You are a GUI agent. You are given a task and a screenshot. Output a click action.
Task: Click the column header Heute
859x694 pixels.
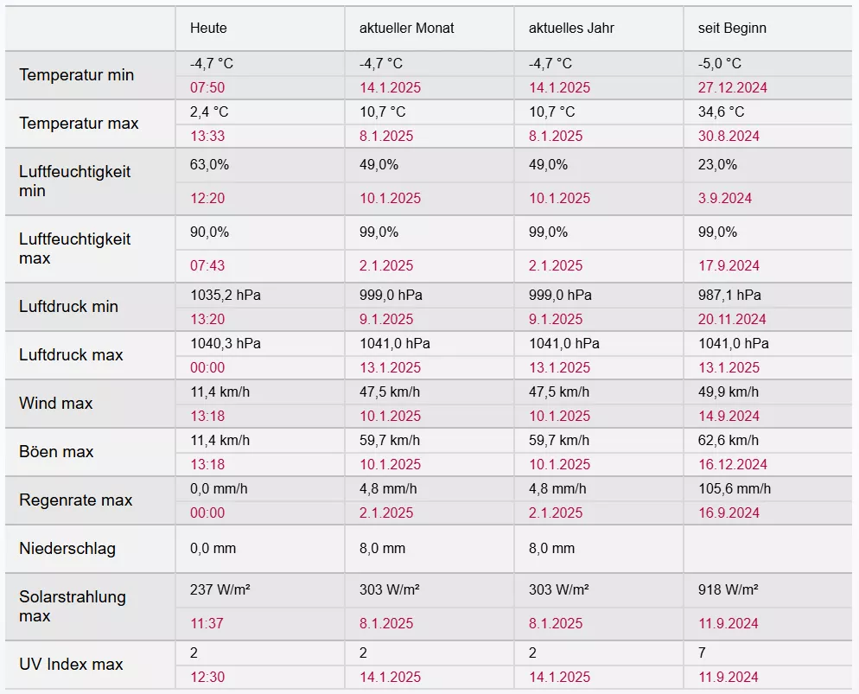pos(208,28)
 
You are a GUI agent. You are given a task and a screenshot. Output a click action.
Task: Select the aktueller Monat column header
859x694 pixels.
pos(406,28)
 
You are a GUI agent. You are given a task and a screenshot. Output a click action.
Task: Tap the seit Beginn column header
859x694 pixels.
pos(732,28)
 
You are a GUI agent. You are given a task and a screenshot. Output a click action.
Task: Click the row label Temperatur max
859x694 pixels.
pos(79,124)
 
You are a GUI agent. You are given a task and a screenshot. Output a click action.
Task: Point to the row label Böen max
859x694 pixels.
pos(56,452)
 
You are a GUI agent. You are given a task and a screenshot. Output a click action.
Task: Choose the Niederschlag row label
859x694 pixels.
pos(67,549)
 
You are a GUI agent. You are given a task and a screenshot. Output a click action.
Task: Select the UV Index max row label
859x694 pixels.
pos(71,665)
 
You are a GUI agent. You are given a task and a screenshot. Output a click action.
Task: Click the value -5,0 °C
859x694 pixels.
pos(720,64)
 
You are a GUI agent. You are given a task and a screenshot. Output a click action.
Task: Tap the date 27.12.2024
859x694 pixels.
pos(733,87)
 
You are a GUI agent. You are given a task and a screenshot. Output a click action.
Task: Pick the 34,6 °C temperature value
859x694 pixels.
pos(721,112)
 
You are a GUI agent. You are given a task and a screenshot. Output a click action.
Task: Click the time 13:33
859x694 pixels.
pos(207,136)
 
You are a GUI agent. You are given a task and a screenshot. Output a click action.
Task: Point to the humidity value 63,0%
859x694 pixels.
pos(209,164)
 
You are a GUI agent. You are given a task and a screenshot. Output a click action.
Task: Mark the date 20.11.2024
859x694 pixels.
pos(733,319)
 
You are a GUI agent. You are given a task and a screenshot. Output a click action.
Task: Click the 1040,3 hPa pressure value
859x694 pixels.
pos(226,344)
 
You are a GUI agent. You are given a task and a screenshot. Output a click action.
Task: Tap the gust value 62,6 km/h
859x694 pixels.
pos(729,441)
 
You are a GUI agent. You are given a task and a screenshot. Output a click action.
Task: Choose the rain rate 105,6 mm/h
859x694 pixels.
pos(735,489)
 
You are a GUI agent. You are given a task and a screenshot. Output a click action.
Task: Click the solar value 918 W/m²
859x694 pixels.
pos(729,589)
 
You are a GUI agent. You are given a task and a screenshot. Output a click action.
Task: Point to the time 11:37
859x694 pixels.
pos(207,623)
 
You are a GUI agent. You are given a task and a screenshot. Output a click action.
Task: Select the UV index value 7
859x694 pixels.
pos(702,653)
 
